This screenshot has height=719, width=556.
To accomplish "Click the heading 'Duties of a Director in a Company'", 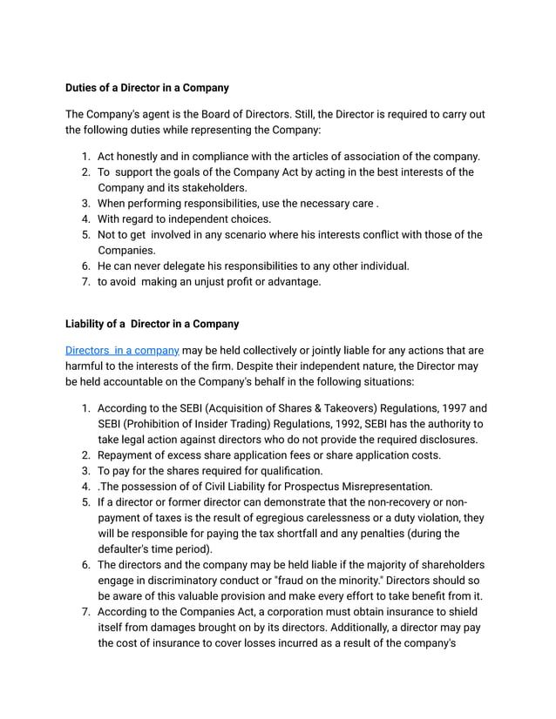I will (147, 88).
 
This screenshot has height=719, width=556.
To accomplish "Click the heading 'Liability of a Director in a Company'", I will (153, 324).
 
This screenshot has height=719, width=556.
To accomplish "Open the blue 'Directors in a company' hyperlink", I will (123, 350).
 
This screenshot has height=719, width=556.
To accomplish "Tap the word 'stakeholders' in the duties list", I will (214, 188).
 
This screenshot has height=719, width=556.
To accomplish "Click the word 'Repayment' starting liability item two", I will (128, 455).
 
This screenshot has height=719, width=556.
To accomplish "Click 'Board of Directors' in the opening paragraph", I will (222, 114).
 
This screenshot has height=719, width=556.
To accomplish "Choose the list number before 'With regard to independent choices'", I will (86, 219).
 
